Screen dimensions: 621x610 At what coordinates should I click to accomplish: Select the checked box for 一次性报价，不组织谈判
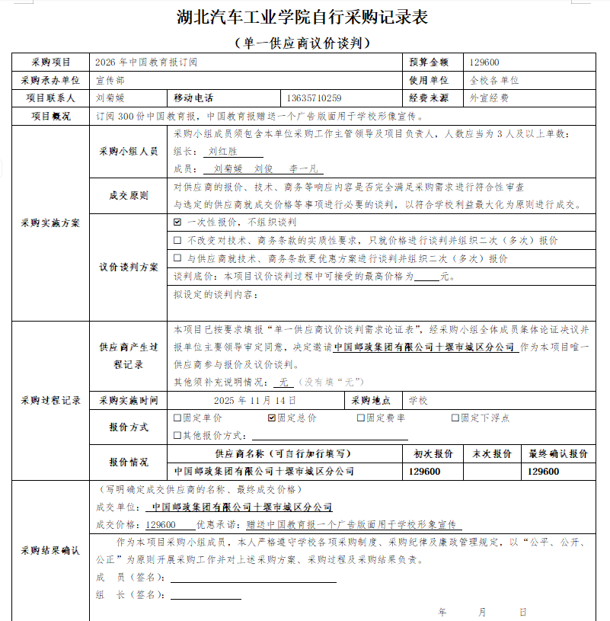[x=177, y=222]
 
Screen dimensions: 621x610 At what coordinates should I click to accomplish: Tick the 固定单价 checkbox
[x=177, y=418]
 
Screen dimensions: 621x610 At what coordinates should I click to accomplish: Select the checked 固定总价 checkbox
[x=272, y=418]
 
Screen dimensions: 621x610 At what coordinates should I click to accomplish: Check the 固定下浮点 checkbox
[x=455, y=418]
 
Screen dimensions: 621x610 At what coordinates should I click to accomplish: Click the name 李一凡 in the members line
[x=303, y=168]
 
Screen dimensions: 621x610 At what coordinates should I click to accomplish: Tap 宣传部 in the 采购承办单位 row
[x=110, y=80]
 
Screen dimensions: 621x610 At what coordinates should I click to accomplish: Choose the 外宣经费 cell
[x=489, y=98]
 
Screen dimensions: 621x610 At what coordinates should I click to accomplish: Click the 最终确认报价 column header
[x=558, y=453]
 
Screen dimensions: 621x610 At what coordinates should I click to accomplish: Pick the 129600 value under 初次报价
[x=424, y=472]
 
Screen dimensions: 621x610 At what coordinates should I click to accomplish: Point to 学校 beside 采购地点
[x=418, y=400]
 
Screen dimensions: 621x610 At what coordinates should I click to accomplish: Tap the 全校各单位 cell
[x=494, y=80]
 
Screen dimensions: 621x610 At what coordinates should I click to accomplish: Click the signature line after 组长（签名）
[x=221, y=594]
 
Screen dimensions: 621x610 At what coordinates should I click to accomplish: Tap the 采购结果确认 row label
[x=50, y=550]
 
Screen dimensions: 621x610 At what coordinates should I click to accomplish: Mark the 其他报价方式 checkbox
[x=177, y=435]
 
